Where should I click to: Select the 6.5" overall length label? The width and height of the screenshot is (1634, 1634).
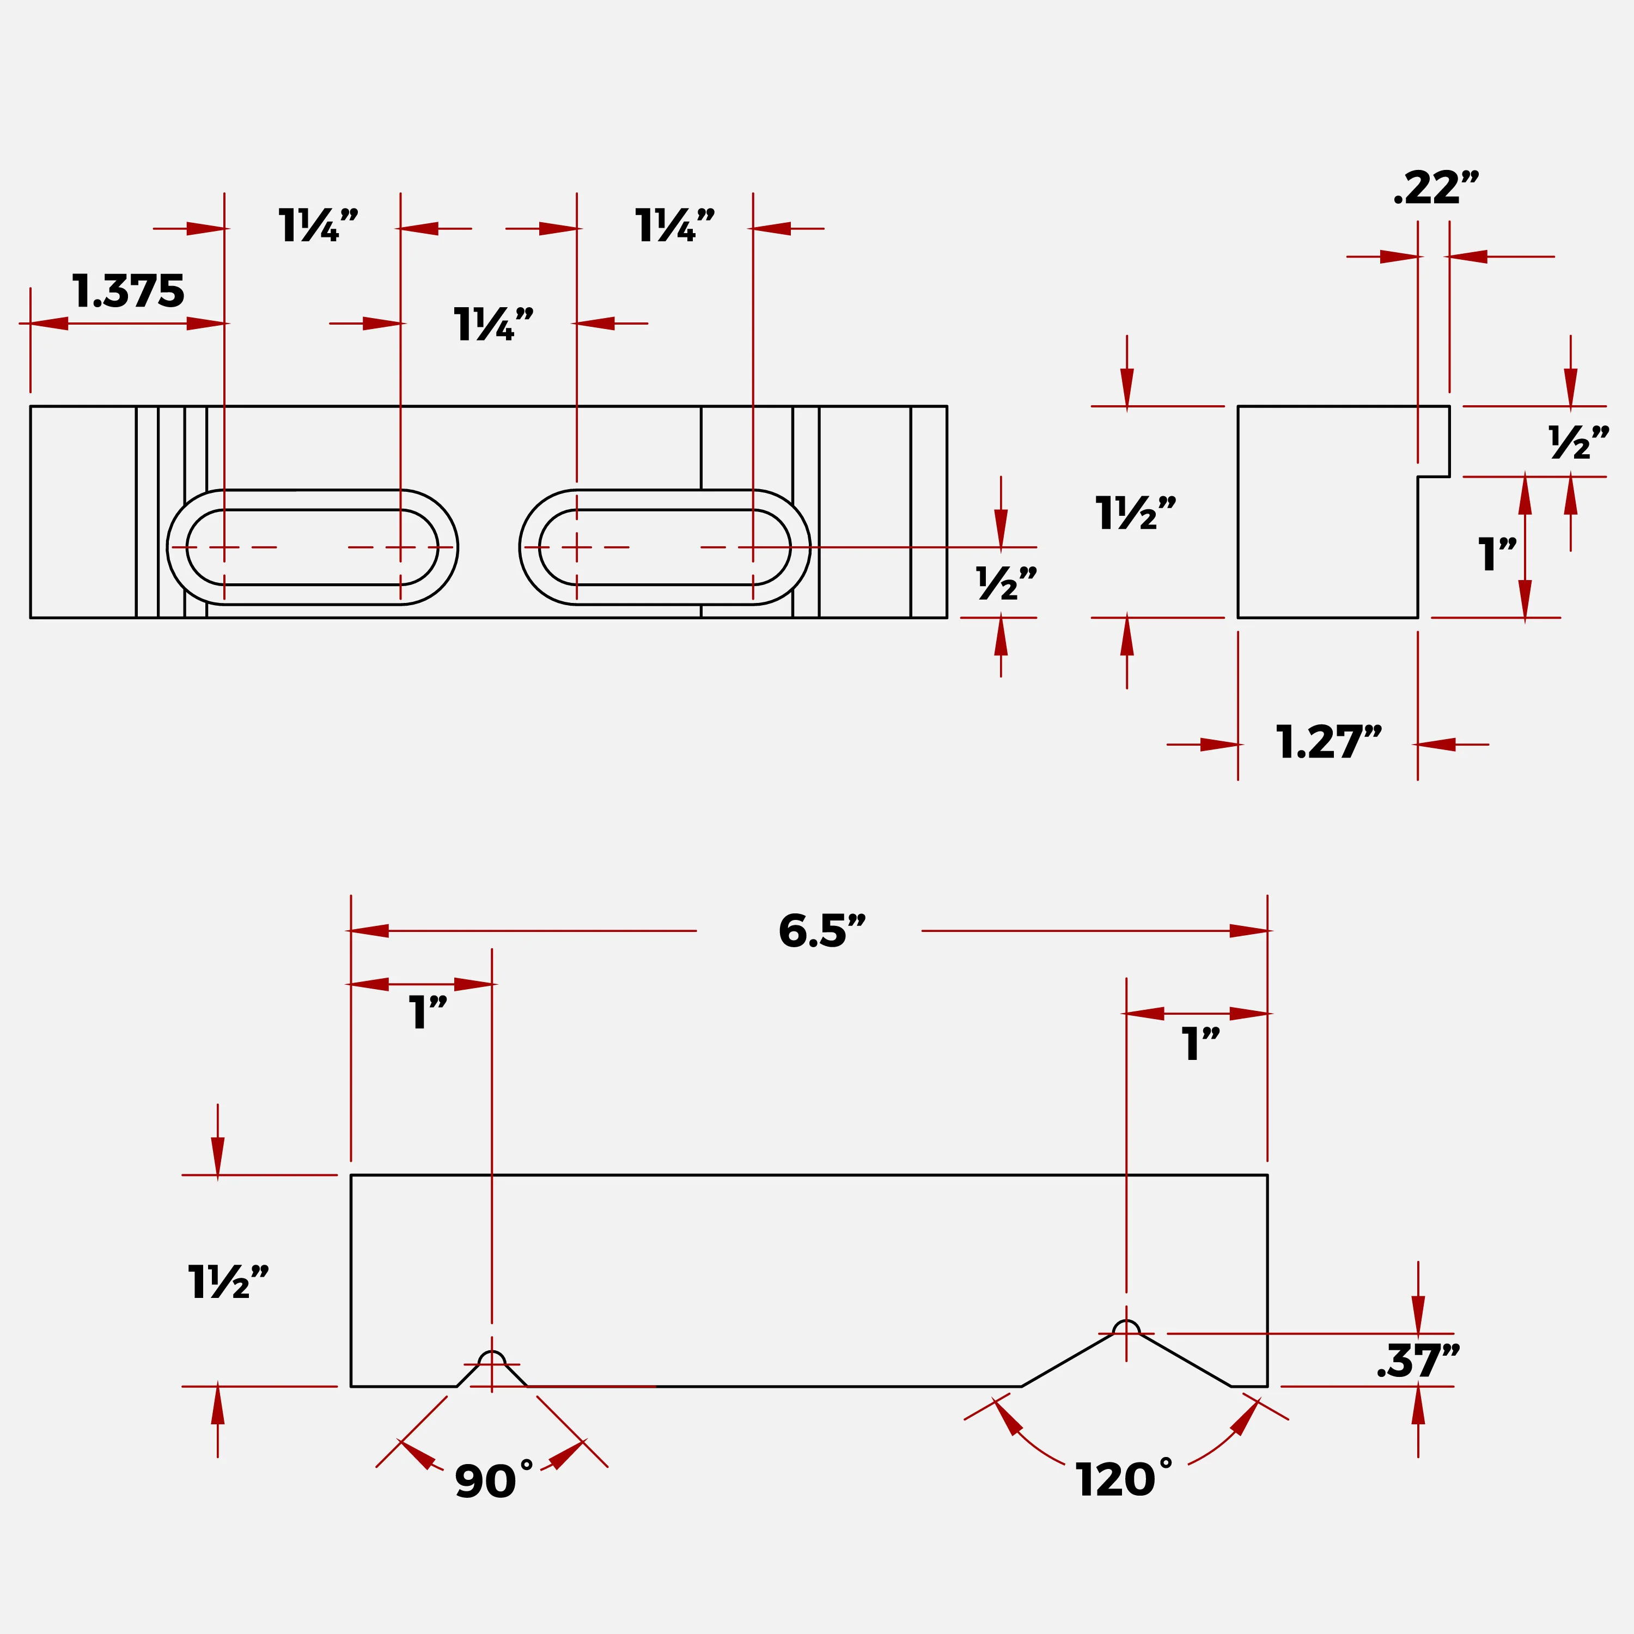pos(822,931)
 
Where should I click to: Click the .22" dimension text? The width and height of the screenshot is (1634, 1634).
pos(1436,188)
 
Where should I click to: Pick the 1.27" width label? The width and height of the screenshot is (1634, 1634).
pos(1328,742)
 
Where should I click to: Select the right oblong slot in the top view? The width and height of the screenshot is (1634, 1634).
pos(664,491)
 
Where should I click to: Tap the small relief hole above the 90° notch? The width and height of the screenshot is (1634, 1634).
pos(492,1353)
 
